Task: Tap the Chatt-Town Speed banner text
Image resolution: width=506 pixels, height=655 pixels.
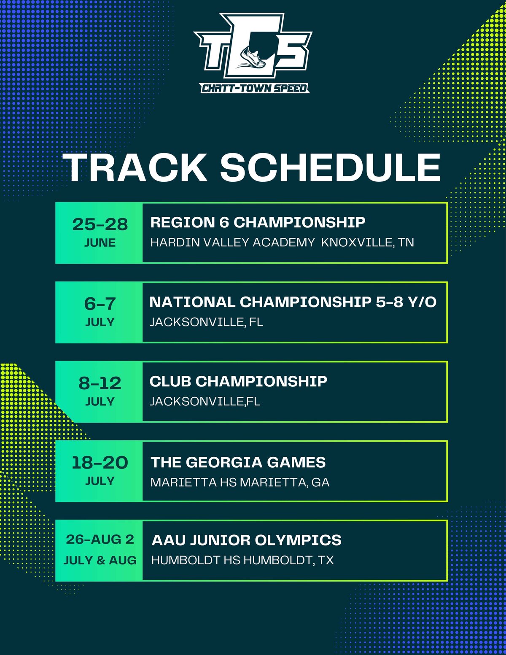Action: (255, 88)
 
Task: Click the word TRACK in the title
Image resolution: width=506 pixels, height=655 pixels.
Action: (135, 167)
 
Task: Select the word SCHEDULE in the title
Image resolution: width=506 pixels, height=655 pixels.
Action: (330, 167)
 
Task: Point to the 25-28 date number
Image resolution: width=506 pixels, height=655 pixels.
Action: (100, 224)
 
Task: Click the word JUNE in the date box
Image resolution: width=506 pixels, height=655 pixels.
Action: (100, 243)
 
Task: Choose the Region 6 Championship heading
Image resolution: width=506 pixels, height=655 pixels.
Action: (258, 222)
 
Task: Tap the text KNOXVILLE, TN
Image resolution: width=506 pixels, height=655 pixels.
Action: (367, 243)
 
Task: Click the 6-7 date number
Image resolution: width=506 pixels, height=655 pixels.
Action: (100, 304)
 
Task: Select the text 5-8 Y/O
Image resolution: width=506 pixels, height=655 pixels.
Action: (406, 302)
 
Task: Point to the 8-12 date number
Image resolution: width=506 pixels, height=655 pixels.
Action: (100, 383)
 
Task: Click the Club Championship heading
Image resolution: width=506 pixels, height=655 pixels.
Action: (238, 381)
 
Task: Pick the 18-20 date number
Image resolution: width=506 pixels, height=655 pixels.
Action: (100, 463)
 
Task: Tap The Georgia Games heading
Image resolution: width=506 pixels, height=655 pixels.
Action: (238, 462)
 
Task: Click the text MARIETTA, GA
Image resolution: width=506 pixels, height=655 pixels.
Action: (285, 482)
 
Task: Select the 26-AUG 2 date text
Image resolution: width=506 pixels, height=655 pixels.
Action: (100, 539)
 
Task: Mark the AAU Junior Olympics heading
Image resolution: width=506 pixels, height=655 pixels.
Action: (247, 540)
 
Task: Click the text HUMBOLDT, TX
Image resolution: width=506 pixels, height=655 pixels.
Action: (288, 561)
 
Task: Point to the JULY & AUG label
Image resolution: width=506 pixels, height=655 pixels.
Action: (100, 561)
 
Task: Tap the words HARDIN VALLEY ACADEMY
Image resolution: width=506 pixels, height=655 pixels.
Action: (232, 243)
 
